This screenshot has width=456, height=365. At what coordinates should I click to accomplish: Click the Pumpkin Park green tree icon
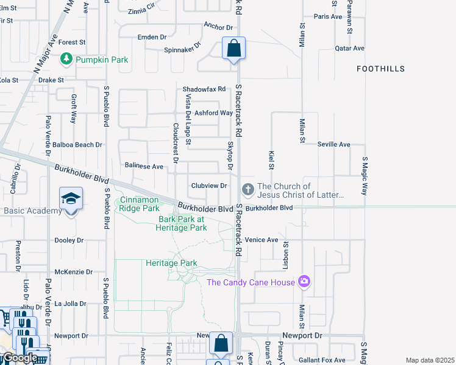(x=66, y=60)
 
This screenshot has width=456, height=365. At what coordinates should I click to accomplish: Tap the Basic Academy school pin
(x=71, y=200)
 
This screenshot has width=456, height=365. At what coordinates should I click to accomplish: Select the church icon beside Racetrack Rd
(x=248, y=190)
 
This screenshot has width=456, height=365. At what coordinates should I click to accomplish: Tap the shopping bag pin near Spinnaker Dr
(x=233, y=48)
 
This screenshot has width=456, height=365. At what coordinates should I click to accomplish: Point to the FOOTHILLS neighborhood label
(x=381, y=69)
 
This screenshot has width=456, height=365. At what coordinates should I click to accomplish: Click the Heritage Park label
(x=171, y=263)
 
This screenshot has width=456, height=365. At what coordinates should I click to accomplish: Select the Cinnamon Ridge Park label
(x=139, y=204)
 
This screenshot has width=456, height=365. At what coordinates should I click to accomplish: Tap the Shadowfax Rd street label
(x=204, y=89)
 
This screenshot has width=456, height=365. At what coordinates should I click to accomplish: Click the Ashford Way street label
(x=214, y=113)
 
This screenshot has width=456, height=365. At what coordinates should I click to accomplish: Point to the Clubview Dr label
(x=209, y=186)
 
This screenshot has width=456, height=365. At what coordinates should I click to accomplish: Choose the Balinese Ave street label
(x=144, y=166)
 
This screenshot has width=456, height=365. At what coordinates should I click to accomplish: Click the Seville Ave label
(x=333, y=144)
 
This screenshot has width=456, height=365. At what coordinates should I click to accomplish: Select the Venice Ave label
(x=262, y=240)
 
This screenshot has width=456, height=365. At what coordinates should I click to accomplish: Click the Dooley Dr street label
(x=69, y=240)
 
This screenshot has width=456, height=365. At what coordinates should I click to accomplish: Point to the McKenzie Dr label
(x=73, y=272)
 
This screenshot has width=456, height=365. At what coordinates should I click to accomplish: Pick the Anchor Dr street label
(x=219, y=27)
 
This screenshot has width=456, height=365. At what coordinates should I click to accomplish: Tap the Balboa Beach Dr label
(x=77, y=145)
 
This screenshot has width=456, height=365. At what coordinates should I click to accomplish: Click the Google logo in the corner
(x=20, y=358)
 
